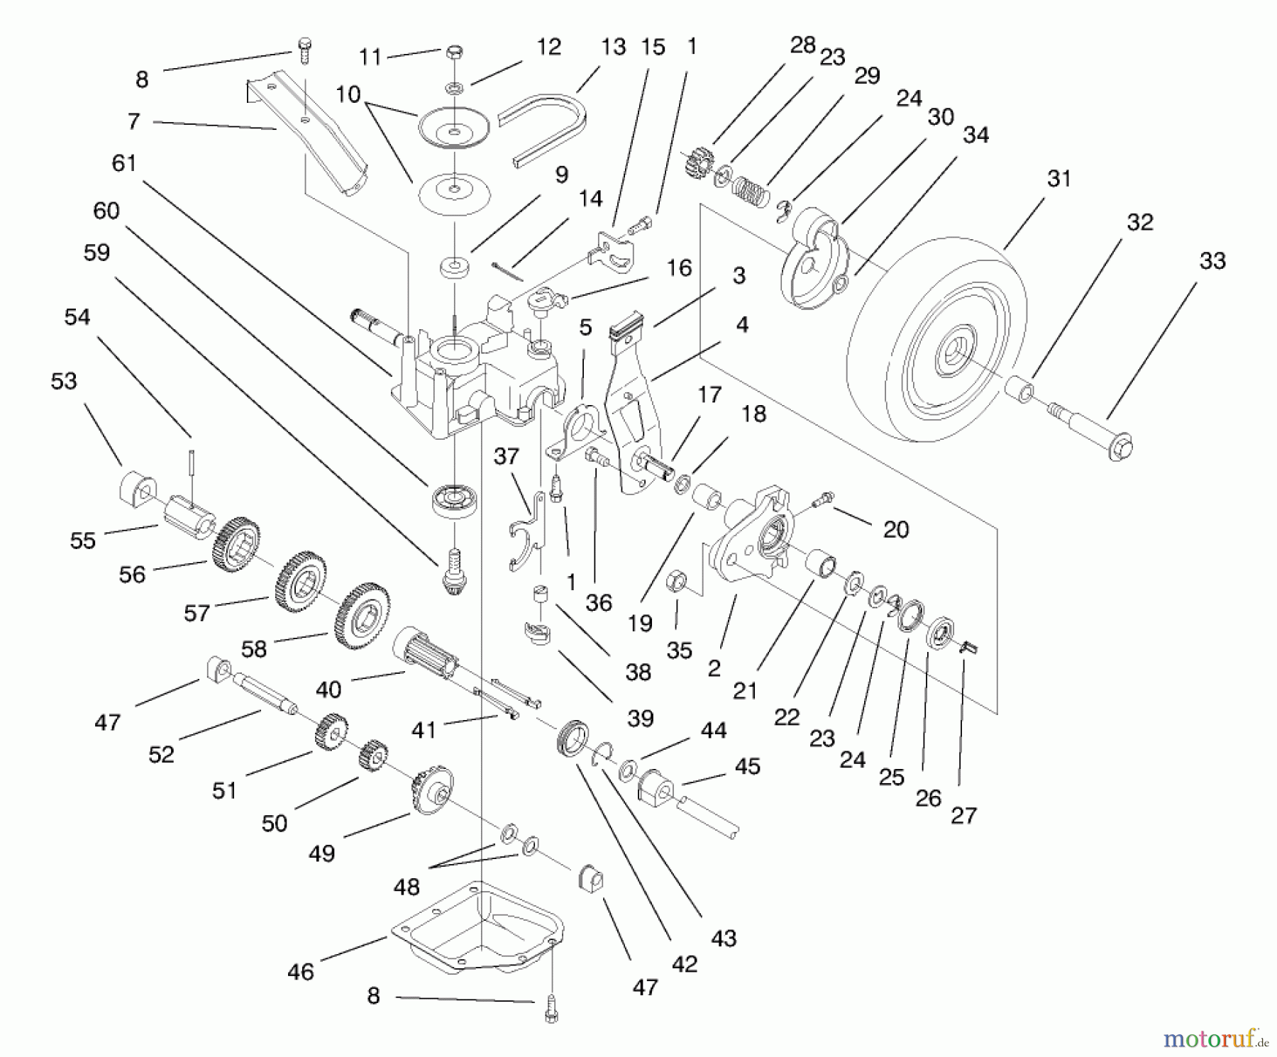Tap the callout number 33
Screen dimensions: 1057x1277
(x=1212, y=261)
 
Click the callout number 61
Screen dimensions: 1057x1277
(x=124, y=163)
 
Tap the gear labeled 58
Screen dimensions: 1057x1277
(x=362, y=614)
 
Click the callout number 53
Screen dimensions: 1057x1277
(x=64, y=381)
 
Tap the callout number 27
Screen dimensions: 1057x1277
(x=963, y=815)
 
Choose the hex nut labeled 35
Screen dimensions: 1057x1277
(x=676, y=584)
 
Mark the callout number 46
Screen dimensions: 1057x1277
(x=300, y=971)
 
